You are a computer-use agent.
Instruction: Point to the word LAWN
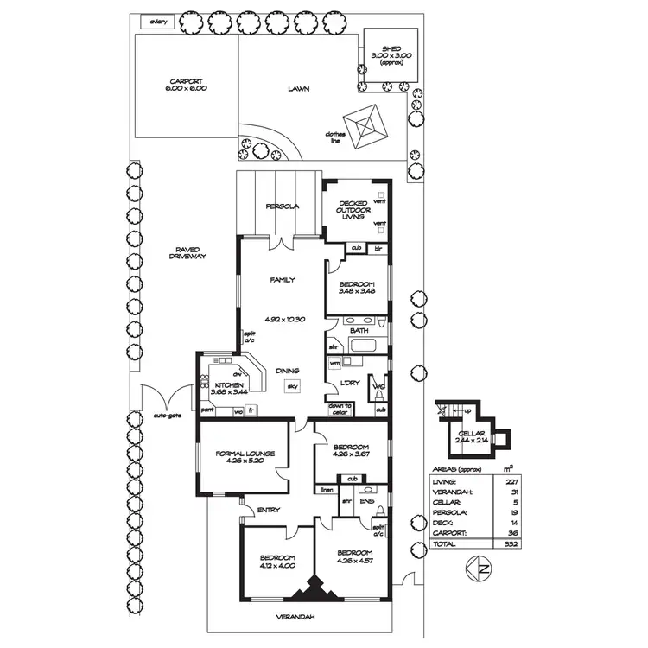point(300,88)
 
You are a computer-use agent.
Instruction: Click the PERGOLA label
point(282,206)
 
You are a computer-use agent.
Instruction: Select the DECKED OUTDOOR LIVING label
point(354,210)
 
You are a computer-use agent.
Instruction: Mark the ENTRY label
point(268,511)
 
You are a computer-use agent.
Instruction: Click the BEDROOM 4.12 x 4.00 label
point(278,562)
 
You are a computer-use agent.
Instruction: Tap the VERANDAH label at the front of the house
point(296,616)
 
